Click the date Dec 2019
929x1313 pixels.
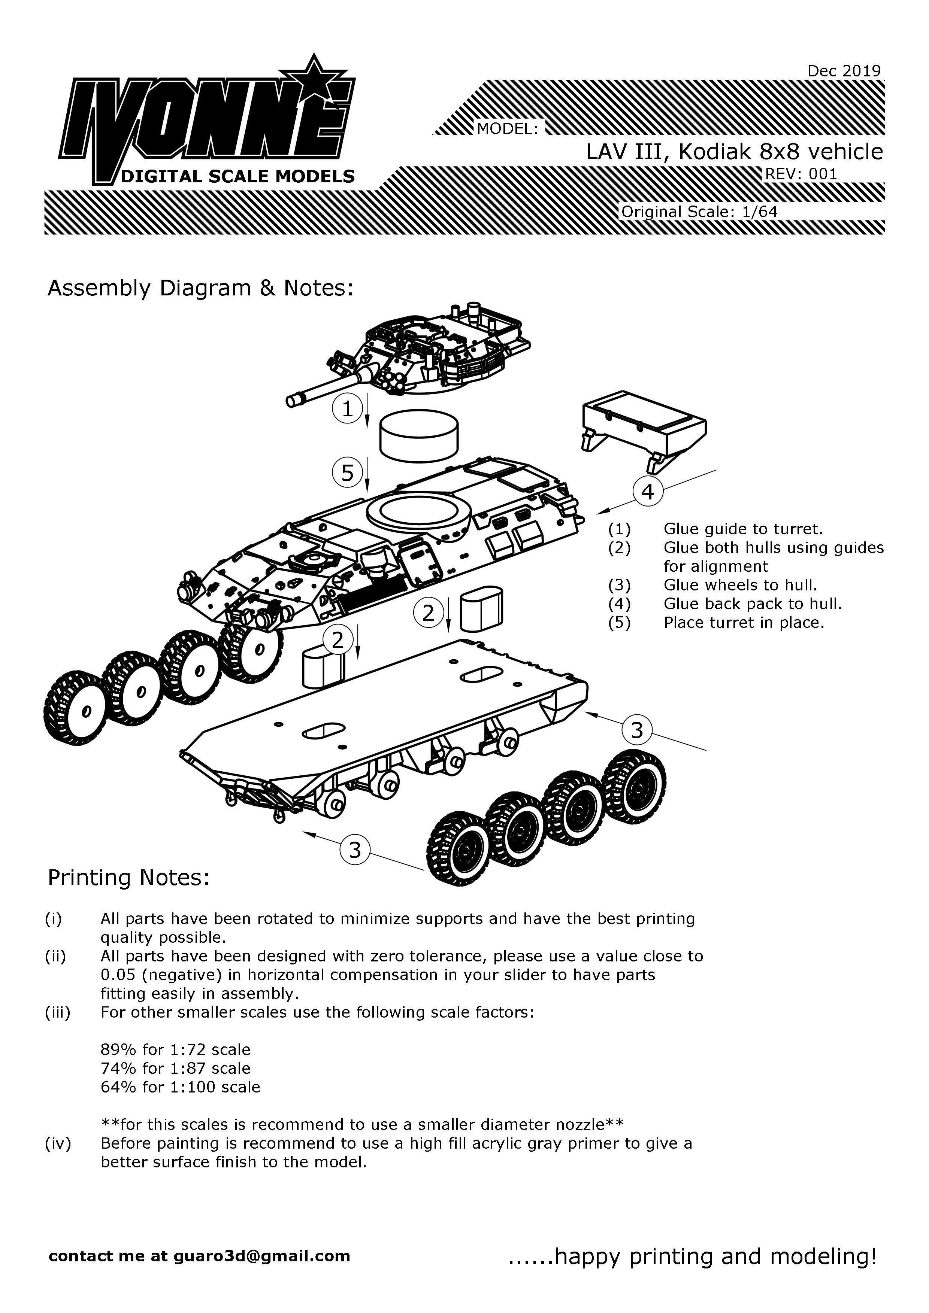pos(844,71)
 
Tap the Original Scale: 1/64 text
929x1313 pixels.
pos(699,212)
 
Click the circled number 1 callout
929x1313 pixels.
pos(347,409)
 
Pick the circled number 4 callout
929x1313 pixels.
pos(648,491)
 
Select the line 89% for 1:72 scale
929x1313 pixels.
pos(176,1049)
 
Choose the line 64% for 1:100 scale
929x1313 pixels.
pos(180,1086)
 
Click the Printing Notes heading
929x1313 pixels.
pos(129,877)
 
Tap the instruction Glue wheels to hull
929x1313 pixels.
pos(740,585)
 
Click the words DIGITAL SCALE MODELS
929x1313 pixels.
pos(237,176)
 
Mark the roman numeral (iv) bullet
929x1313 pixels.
pos(58,1143)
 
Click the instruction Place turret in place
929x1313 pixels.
pos(744,622)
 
